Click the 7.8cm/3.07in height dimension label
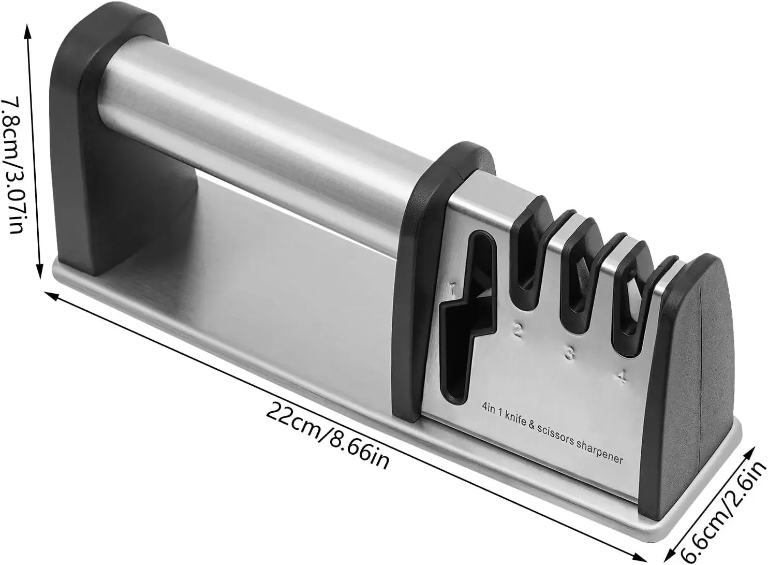point(13,166)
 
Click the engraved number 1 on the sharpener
point(453,289)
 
